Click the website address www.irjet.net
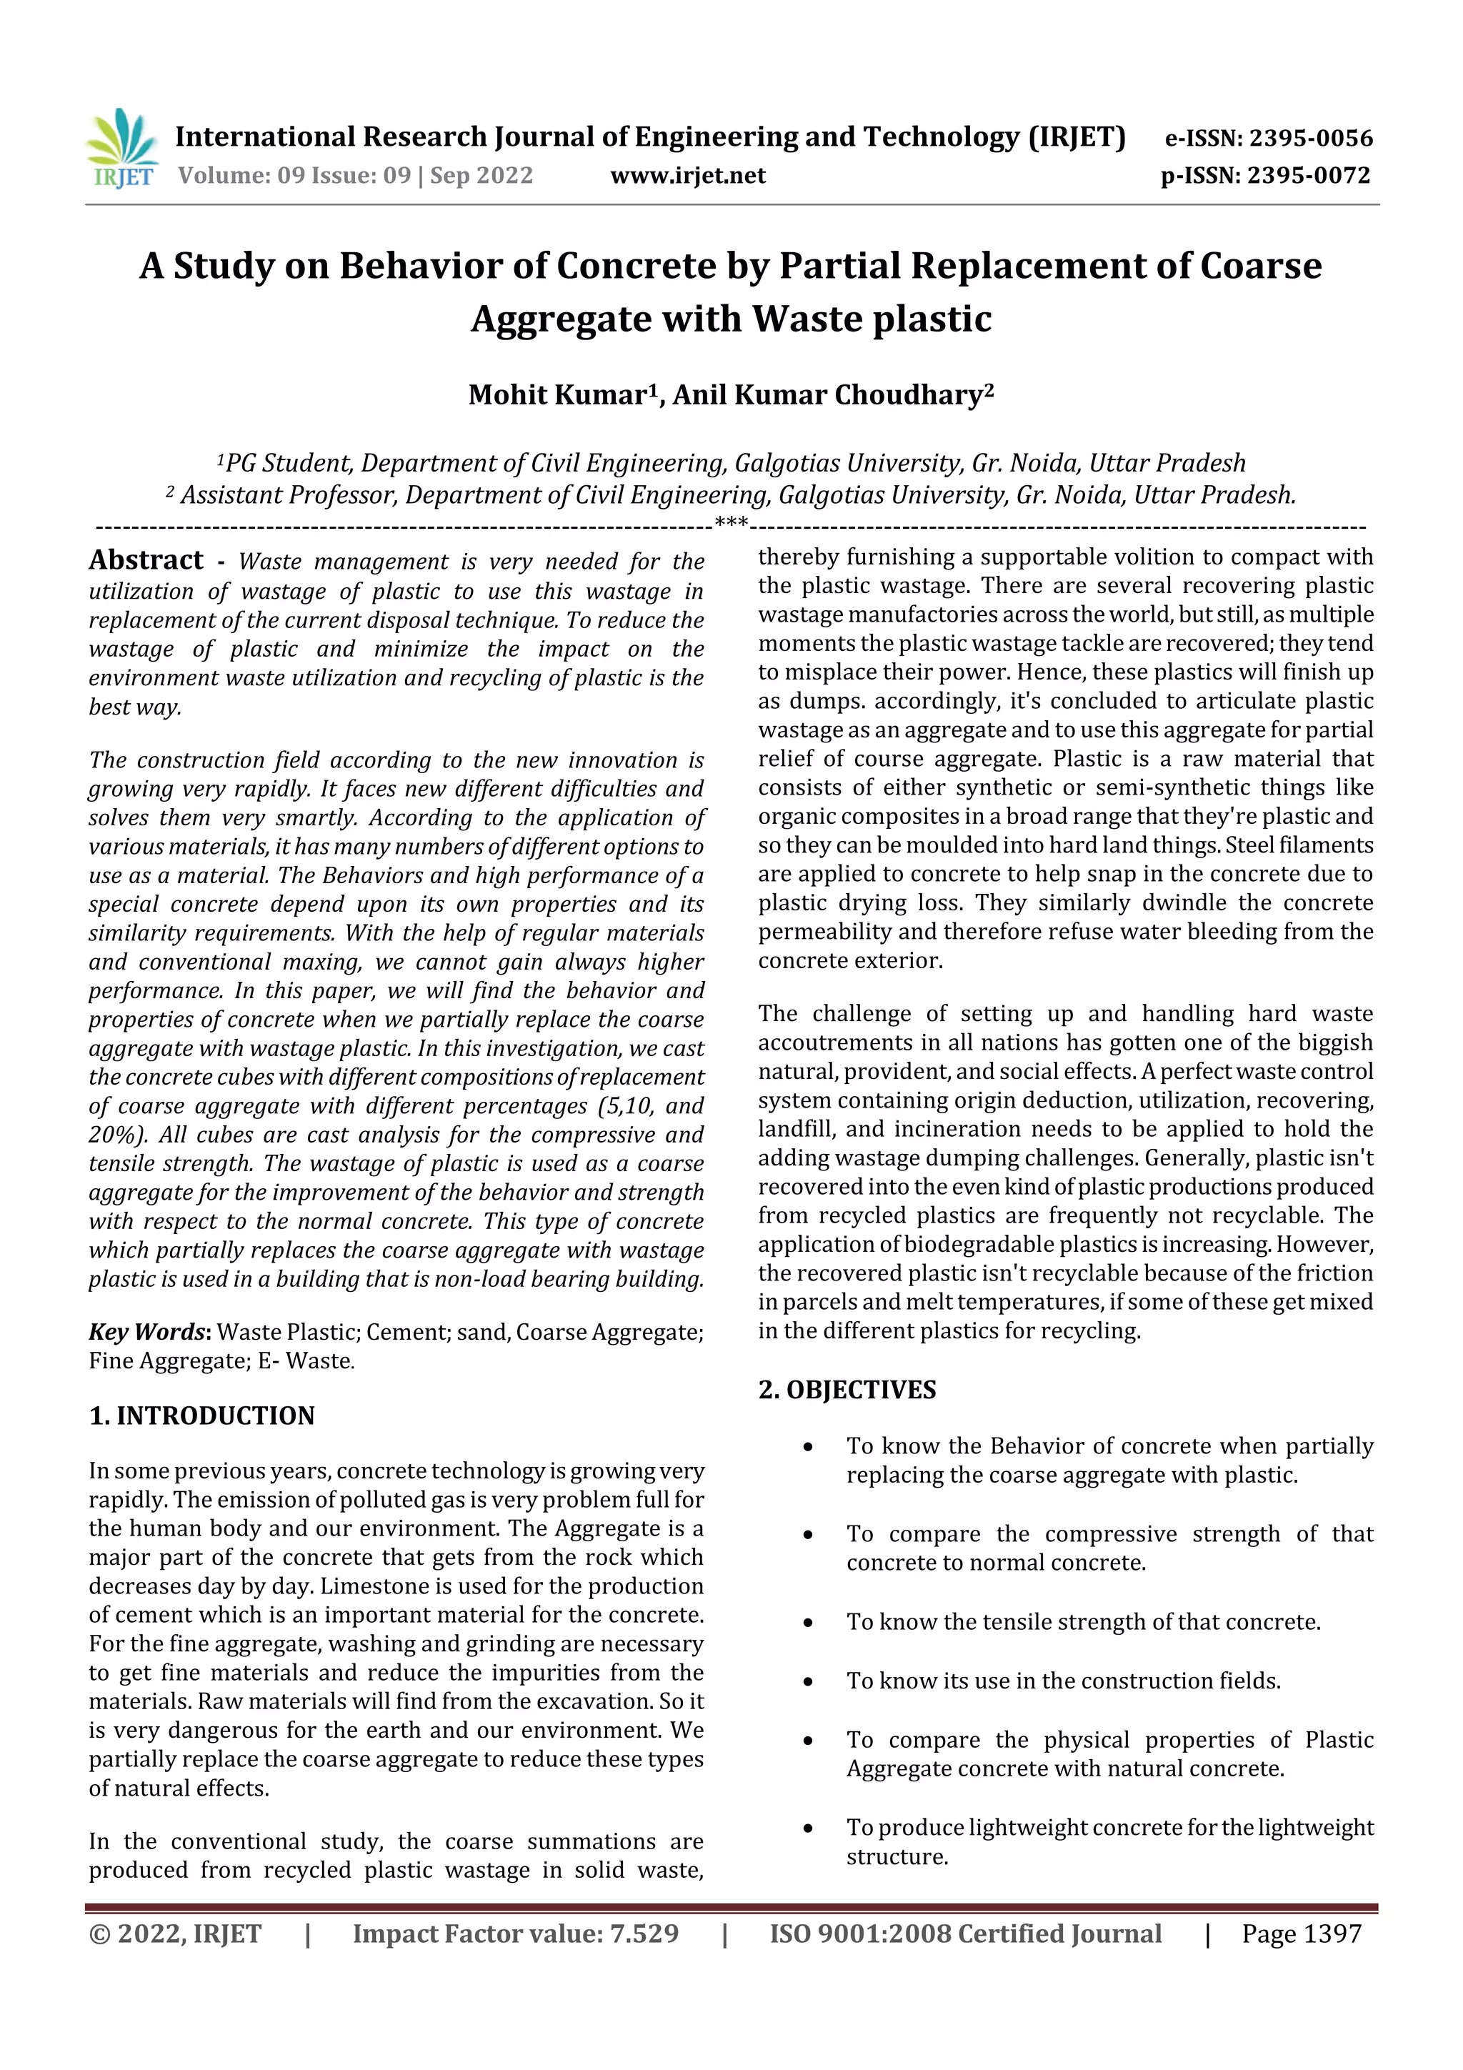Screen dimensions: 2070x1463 (x=688, y=176)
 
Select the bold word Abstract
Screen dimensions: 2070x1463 (x=146, y=560)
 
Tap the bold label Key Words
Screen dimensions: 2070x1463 (x=148, y=1332)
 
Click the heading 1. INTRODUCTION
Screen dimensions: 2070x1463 (x=202, y=1415)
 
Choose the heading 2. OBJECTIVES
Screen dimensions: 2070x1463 (x=847, y=1389)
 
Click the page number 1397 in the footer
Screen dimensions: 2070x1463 (x=1329, y=1933)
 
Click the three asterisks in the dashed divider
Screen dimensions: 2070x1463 (x=730, y=523)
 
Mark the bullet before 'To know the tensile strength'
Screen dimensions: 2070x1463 (x=809, y=1623)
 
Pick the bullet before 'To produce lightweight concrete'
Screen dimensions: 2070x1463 (x=809, y=1828)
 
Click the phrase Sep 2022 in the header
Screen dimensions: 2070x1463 (x=481, y=176)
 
